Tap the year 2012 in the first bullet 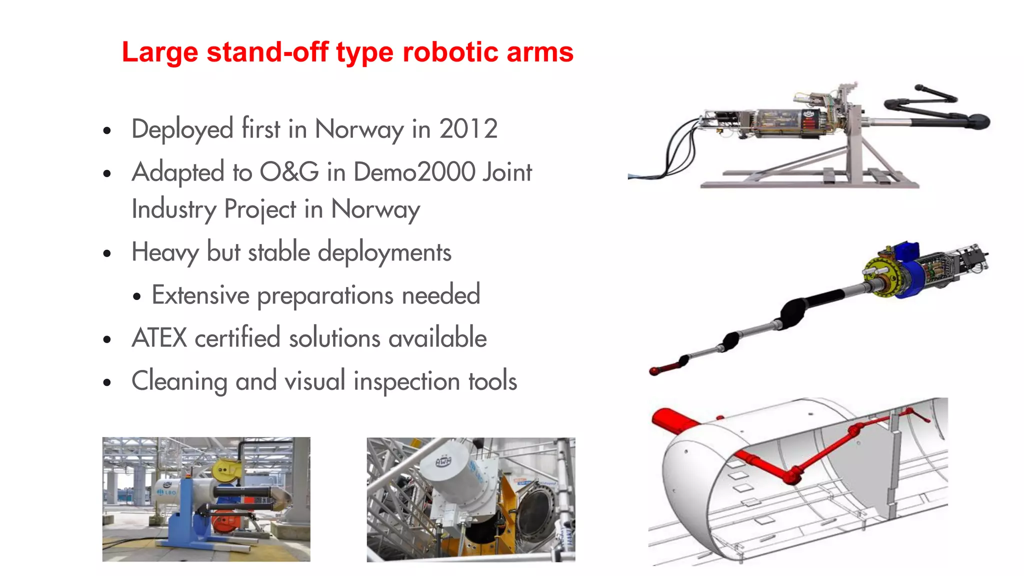coord(468,129)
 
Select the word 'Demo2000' coord(414,172)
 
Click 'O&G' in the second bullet coord(289,172)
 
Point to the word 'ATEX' coord(159,338)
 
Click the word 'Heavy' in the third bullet coord(165,252)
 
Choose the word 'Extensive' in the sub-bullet coord(200,295)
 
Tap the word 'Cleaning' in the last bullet coord(179,381)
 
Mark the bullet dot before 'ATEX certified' coord(106,340)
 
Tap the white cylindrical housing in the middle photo coord(450,475)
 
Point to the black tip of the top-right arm coord(977,121)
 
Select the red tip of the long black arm coord(655,371)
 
